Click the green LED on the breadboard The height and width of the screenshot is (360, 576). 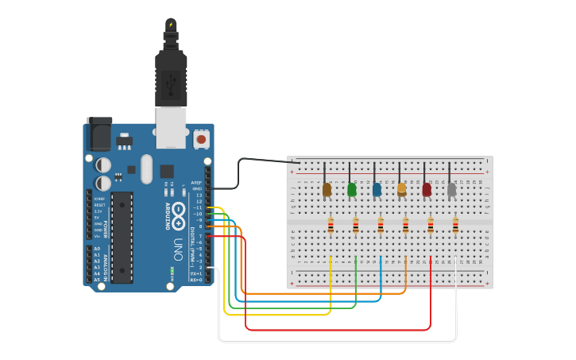pos(352,189)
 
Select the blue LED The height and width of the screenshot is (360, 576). pos(377,189)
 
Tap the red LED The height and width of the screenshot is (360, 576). pos(427,189)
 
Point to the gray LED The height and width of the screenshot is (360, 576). pos(452,189)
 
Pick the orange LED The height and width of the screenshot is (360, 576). pos(402,189)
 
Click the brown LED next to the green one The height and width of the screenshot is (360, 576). pos(327,189)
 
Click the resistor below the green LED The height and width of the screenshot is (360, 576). pos(355,227)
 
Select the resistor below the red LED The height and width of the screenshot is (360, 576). pos(431,227)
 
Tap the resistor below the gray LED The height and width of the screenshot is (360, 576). pos(456,227)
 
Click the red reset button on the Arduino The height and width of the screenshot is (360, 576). pos(201,139)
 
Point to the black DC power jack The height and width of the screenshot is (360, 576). pos(99,135)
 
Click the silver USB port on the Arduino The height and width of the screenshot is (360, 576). pos(171,127)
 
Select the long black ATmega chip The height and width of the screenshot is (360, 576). pos(122,237)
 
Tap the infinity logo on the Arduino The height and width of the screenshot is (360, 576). pos(178,211)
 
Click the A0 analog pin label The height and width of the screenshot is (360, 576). pos(98,249)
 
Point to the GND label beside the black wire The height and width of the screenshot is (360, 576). pos(197,188)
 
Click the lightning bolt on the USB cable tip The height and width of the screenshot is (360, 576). pos(171,25)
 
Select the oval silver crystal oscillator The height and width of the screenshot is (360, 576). pos(146,168)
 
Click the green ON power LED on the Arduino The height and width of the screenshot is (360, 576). pos(172,272)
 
